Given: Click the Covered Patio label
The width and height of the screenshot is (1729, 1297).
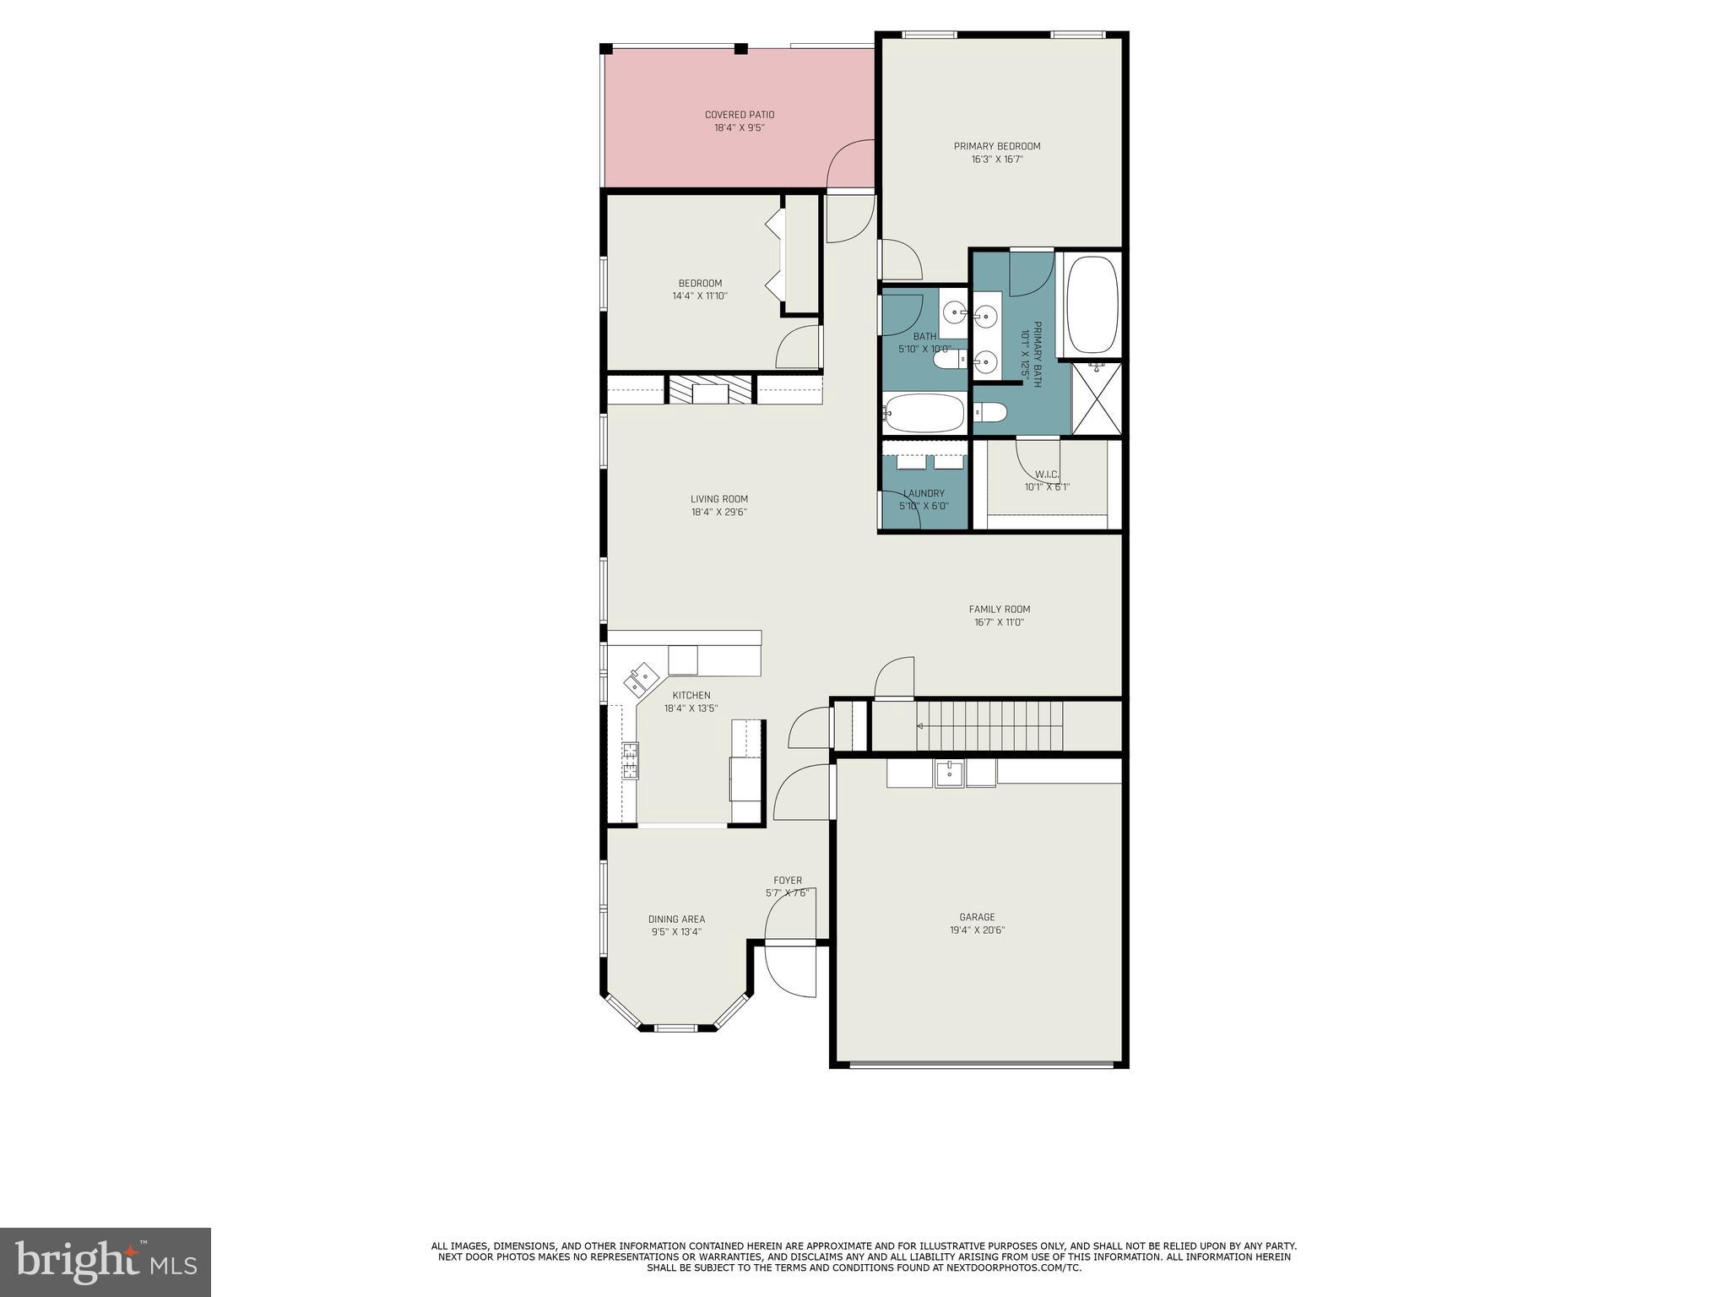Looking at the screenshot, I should click(x=740, y=115).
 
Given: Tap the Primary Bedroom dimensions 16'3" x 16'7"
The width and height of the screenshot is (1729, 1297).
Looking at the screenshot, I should click(x=997, y=159).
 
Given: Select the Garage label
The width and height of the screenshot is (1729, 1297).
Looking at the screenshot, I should click(x=977, y=917).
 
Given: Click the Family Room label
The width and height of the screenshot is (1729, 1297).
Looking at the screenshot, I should click(x=1000, y=609).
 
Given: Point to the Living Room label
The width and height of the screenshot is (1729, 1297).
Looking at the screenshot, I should click(x=719, y=499).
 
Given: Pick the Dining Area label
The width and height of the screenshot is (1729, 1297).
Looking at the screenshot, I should click(x=676, y=920).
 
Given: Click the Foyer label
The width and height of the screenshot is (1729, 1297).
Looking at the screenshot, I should click(x=788, y=881).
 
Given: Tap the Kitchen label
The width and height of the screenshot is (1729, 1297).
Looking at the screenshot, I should click(x=691, y=696).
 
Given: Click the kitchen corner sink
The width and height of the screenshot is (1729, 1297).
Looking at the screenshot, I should click(x=641, y=676).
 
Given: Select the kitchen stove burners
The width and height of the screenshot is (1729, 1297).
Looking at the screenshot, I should click(x=631, y=760).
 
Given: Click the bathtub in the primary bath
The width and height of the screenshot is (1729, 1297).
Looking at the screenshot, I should click(x=1092, y=305).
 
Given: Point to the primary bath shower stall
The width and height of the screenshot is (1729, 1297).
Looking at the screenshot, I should click(x=1097, y=399).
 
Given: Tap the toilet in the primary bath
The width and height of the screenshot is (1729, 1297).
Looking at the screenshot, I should click(x=990, y=412).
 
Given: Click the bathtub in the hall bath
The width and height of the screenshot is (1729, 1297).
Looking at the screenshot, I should click(x=924, y=413).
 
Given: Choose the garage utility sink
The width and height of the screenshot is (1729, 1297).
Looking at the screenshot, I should click(x=949, y=773).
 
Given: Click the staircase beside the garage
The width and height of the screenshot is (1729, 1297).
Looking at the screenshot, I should click(x=989, y=725).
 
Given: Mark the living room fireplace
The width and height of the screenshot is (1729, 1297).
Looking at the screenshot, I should click(x=710, y=391).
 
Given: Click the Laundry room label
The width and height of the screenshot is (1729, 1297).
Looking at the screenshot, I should click(x=924, y=494).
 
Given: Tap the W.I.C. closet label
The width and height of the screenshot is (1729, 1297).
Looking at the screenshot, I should click(x=1047, y=475).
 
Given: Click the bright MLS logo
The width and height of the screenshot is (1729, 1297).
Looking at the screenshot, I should click(x=106, y=1262).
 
